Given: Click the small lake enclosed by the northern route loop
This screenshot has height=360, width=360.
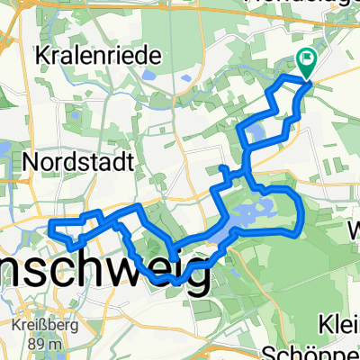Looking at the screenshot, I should pyautogui.click(x=255, y=136).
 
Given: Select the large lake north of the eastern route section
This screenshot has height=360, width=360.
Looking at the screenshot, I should pyautogui.click(x=236, y=220).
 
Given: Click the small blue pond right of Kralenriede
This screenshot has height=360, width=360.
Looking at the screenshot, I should pyautogui.click(x=186, y=78).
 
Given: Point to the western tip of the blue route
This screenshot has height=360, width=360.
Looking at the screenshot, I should pyautogui.click(x=49, y=221).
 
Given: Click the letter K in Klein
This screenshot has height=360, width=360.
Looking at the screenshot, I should pyautogui.click(x=326, y=324).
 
